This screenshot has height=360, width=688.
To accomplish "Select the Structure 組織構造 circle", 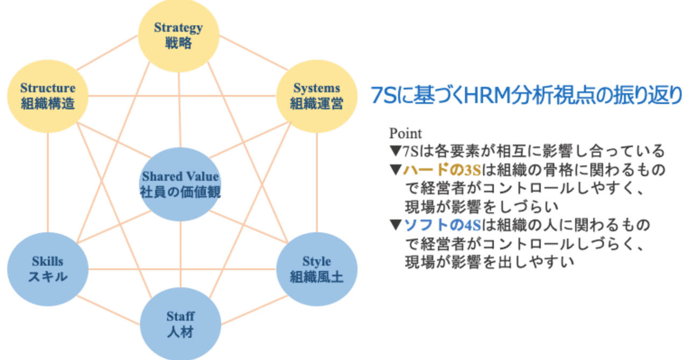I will pos(48,95).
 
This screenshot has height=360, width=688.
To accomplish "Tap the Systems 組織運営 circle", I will pos(317,95).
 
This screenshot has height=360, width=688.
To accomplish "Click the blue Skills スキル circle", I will pos(48,269).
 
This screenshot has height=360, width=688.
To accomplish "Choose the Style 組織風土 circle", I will pos(317,269).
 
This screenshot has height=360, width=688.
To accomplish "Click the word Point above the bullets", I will pos(406,133).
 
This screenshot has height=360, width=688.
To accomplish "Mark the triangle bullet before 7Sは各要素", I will pos(395,151).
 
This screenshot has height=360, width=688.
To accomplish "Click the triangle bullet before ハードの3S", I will pos(395,170).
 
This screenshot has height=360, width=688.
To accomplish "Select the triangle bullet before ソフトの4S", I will pos(395,225).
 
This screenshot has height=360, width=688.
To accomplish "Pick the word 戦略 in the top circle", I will pos(179,43).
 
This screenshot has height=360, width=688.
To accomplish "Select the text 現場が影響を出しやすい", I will pos(490,262).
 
